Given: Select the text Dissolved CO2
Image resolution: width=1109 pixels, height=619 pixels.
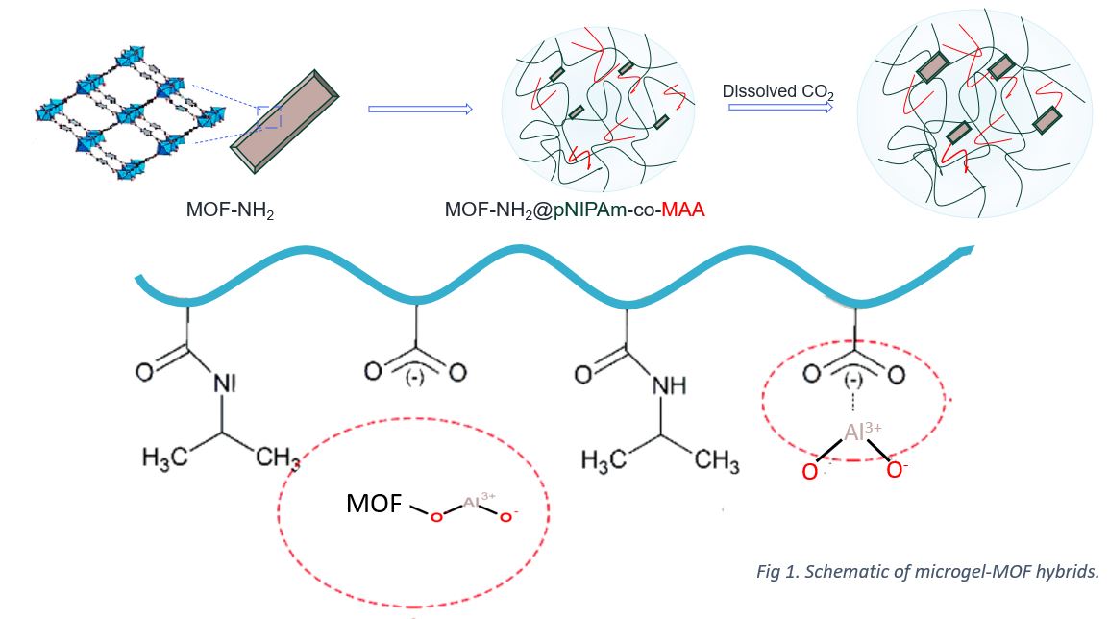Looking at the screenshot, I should tap(777, 92).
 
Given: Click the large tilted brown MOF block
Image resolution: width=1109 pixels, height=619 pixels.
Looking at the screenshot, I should tap(286, 121).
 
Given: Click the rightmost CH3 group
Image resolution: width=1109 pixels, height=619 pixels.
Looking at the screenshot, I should tap(717, 459).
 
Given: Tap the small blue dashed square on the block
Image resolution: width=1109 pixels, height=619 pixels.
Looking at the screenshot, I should tap(270, 117).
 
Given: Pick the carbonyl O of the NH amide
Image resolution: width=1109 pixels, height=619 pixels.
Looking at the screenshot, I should tap(583, 373).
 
